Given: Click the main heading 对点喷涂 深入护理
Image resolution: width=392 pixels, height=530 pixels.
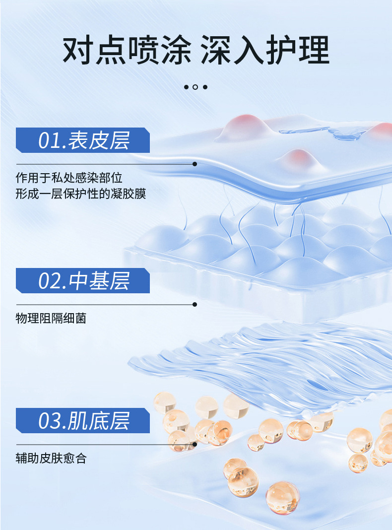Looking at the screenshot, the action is [196, 50].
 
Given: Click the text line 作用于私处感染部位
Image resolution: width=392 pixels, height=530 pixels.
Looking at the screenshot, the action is [69, 178].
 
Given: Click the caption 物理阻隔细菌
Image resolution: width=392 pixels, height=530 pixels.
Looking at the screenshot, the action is [51, 319].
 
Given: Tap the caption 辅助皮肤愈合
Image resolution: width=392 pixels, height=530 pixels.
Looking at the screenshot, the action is [51, 459].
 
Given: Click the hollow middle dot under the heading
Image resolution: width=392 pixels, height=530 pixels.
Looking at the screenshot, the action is [196, 87].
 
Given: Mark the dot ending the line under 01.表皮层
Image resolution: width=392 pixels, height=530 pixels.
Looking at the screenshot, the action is [195, 164].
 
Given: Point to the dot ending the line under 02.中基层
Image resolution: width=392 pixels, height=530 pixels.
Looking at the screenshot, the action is [195, 304].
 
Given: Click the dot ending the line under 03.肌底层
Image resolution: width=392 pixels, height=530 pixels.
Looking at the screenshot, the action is [195, 444].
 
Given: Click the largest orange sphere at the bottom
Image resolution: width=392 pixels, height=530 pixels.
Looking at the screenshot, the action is [282, 497].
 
